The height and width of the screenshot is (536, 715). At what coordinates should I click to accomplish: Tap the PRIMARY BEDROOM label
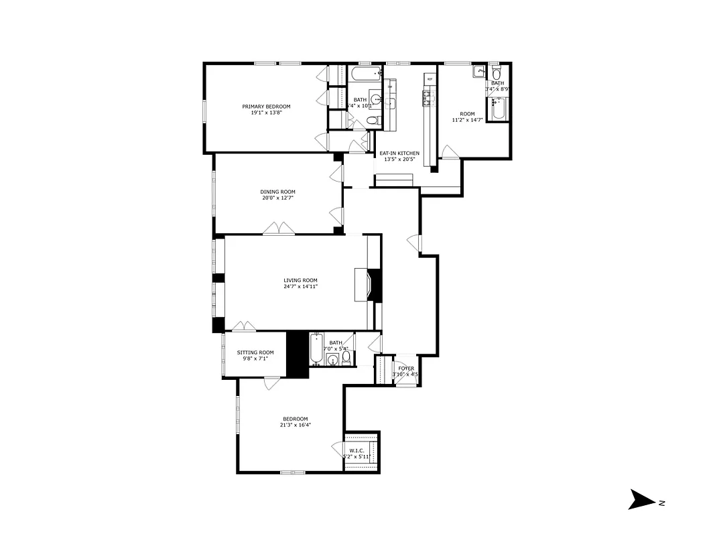[266, 107]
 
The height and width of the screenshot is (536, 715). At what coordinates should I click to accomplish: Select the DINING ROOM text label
[277, 192]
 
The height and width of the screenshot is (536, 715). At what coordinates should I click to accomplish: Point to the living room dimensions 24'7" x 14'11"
[300, 287]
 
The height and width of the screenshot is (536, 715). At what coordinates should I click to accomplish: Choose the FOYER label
[406, 368]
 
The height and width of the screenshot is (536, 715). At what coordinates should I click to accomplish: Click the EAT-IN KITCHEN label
[399, 153]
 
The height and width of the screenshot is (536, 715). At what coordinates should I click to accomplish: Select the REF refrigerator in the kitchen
[430, 80]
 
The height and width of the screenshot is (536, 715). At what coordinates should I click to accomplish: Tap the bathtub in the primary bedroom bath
[365, 72]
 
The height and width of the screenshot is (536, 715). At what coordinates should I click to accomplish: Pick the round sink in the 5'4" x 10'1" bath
[377, 101]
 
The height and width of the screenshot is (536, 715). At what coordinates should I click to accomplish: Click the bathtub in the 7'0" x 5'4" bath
[316, 349]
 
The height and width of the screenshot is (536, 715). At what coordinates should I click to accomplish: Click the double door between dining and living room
[278, 229]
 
